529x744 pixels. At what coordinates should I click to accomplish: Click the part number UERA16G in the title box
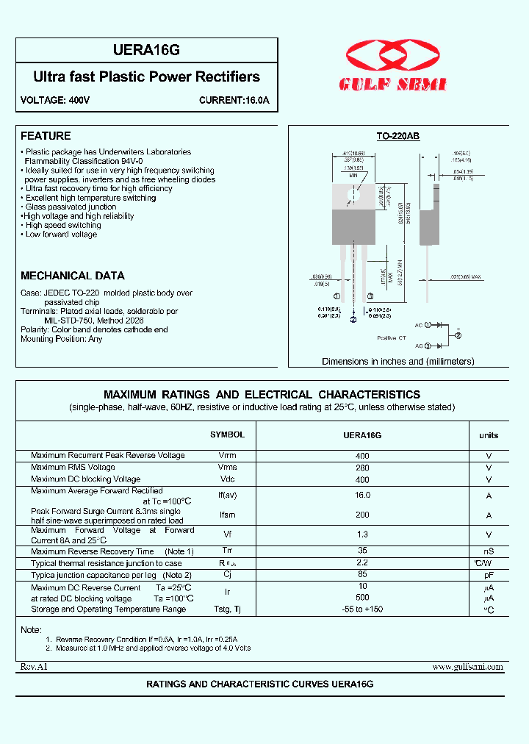coord(147,50)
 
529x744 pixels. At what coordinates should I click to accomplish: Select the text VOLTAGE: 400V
coord(55,100)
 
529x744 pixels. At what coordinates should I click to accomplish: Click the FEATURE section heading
coord(46,136)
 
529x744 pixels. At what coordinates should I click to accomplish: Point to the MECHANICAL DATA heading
coord(73,276)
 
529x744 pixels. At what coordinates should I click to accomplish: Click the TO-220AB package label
coord(397,137)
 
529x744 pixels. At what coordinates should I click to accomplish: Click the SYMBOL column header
coord(227,434)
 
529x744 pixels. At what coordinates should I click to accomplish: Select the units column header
coord(489,435)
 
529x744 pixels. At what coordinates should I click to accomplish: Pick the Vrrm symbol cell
coord(227,456)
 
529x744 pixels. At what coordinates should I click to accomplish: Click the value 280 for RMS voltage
coord(362,468)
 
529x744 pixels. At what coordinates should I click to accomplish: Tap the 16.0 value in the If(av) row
coord(362,496)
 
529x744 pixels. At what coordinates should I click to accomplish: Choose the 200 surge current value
coord(362,515)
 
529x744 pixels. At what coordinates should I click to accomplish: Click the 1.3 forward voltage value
coord(362,534)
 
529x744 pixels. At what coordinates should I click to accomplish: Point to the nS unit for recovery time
coord(489,551)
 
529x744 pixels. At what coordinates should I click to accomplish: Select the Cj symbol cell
coord(227,575)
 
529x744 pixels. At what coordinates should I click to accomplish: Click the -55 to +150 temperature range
coord(362,609)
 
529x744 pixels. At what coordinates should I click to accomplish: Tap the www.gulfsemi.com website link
coord(467,667)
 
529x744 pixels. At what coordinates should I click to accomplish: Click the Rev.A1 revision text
coord(33,667)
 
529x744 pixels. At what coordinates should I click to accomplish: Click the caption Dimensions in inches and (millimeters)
coord(397,361)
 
